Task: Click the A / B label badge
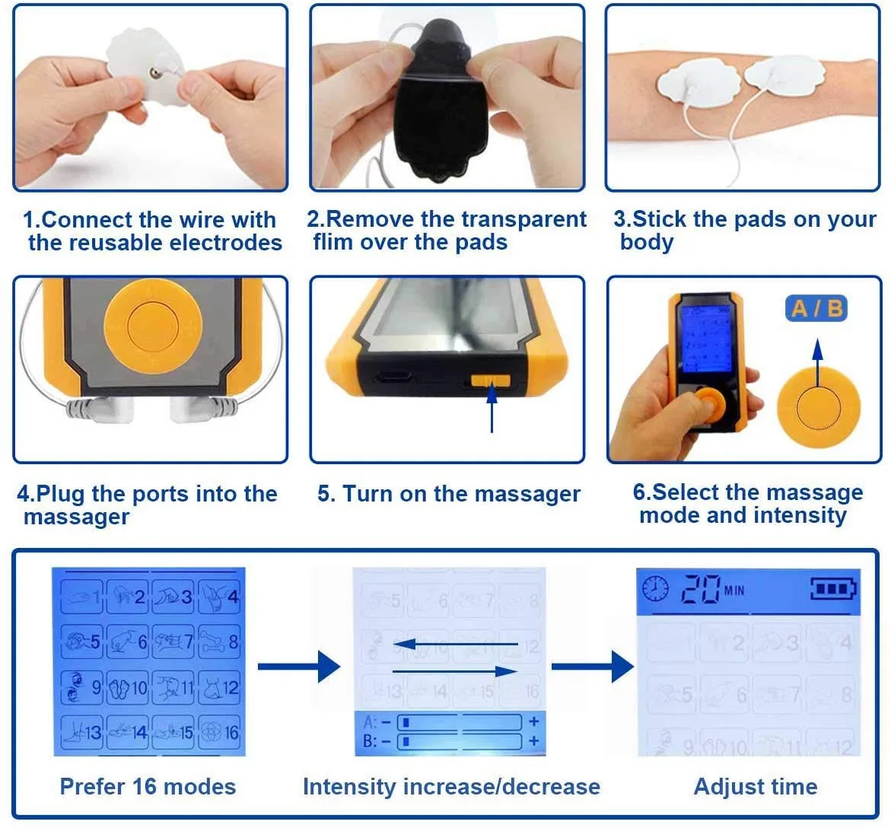coord(816,308)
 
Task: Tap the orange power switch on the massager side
coord(491,380)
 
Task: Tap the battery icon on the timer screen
coord(833,589)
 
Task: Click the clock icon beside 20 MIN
coord(655,589)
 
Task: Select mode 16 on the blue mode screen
coord(220,732)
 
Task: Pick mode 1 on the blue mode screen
coord(82,597)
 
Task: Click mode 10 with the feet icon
coord(128,688)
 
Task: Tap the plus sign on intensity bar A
coord(534,721)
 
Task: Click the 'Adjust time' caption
coord(755,787)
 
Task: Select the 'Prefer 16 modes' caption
coord(148,787)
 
